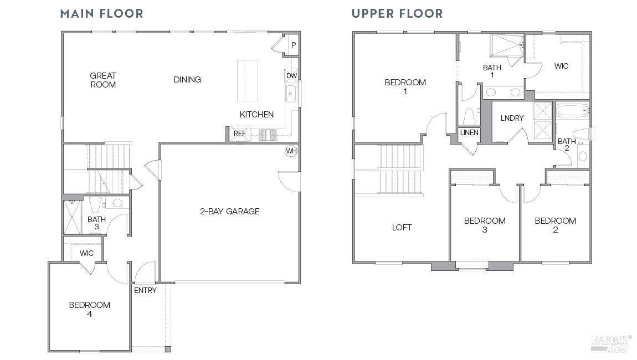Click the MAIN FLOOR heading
(101, 13)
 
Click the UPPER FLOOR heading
(397, 13)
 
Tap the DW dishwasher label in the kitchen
(292, 75)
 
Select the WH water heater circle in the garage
(291, 151)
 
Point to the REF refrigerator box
(240, 133)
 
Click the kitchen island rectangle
(248, 80)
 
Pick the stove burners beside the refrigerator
(268, 135)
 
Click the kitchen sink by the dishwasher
(291, 94)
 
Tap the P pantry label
(294, 45)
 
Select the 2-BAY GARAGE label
(229, 211)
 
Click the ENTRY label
(145, 291)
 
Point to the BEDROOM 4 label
(89, 309)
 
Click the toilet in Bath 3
(95, 204)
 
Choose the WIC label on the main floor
(86, 253)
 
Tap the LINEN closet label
(469, 132)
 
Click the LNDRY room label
(512, 118)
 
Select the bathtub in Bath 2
(573, 110)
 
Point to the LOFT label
(402, 228)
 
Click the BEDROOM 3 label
(485, 225)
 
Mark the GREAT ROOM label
(103, 80)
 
